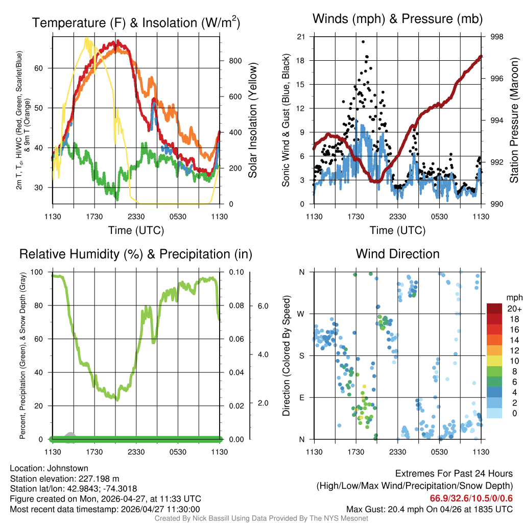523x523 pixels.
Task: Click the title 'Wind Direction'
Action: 397,254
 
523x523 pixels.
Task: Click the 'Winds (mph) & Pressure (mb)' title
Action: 397,19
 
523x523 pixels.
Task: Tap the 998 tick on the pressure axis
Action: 497,37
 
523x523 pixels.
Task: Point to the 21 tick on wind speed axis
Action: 301,37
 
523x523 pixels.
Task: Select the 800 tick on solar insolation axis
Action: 235,61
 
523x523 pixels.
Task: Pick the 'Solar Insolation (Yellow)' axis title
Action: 252,121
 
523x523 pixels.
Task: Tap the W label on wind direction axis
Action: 301,314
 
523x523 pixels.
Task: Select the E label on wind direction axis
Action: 302,397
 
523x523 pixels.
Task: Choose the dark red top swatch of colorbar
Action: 494,308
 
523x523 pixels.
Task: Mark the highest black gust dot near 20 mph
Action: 363,42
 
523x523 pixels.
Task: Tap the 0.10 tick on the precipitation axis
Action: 236,272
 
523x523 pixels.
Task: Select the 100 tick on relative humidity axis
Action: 37,272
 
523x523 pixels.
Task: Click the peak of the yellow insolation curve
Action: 87,38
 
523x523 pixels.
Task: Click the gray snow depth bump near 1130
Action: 70,435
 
